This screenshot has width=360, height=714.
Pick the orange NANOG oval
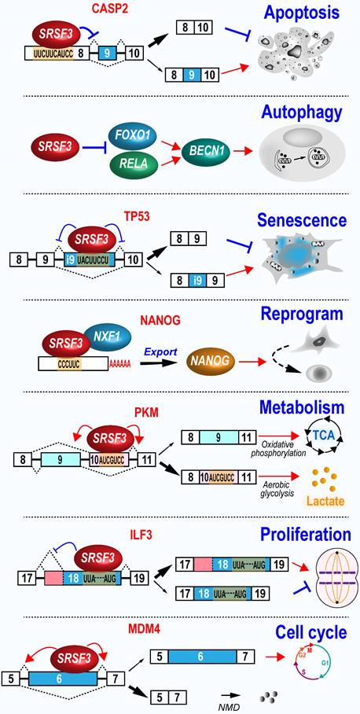click(x=218, y=364)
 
